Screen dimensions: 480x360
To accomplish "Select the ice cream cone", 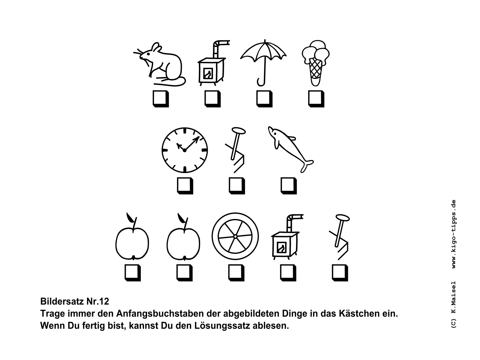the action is click(x=316, y=63).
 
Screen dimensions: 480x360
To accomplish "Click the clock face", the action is click(x=185, y=150).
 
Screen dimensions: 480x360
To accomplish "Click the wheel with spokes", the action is click(x=235, y=236).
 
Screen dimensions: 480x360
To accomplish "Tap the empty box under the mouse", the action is click(x=161, y=99).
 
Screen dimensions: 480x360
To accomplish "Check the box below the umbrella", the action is click(x=264, y=99).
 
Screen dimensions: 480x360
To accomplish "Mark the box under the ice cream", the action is click(x=316, y=99).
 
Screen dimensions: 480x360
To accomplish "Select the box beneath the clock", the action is click(x=185, y=186).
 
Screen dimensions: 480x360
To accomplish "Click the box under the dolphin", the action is click(x=289, y=186).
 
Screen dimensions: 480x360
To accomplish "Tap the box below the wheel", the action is click(x=236, y=273).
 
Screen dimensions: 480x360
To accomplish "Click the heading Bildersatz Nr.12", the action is click(x=75, y=301).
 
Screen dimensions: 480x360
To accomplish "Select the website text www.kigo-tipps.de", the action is click(x=454, y=234).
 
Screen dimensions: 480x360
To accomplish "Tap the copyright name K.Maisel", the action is click(x=454, y=298).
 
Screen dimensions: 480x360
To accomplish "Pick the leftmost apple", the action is click(x=132, y=237).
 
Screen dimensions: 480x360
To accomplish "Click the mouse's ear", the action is click(x=156, y=47).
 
